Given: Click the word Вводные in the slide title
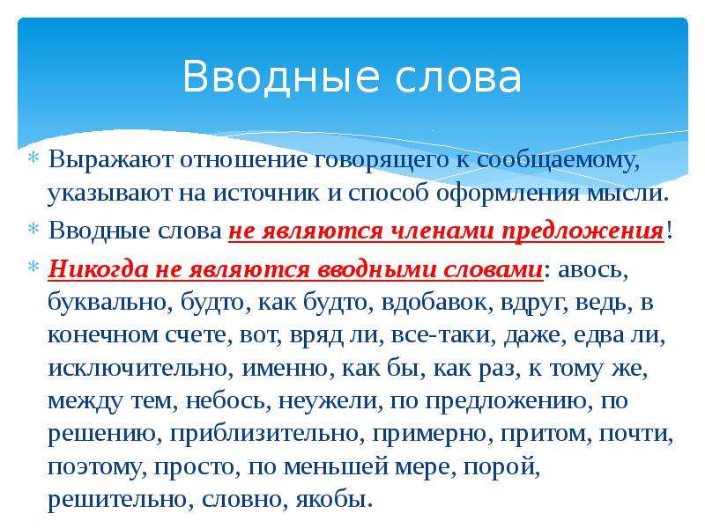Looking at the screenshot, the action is [x=280, y=77].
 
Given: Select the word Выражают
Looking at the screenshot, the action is [x=110, y=160].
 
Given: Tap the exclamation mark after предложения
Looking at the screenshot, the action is [x=669, y=230].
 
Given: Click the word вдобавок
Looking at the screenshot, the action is [x=436, y=302].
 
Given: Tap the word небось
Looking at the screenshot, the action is [x=228, y=401].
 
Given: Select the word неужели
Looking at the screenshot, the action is [x=330, y=401].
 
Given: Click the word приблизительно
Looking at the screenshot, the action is [x=267, y=434].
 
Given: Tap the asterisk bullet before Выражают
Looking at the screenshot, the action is [x=33, y=158].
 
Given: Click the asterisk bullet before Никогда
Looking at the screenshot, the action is [x=33, y=268].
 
